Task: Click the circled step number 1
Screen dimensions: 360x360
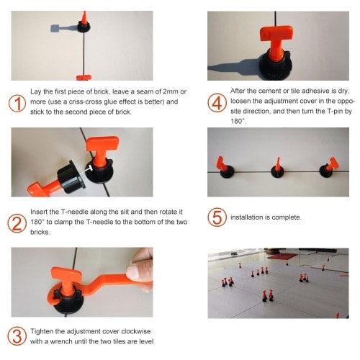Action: (17, 103)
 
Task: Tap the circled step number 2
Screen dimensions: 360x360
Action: (17, 224)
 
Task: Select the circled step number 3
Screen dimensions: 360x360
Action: (17, 336)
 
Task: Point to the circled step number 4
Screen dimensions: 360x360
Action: (217, 103)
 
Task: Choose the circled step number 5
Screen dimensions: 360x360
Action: (217, 217)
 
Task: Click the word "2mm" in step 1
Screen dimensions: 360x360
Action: (171, 91)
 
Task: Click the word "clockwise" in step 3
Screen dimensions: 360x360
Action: (136, 331)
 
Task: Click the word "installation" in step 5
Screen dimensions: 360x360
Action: (247, 217)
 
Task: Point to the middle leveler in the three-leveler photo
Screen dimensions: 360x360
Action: (278, 168)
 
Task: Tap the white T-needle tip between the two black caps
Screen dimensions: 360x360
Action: (89, 168)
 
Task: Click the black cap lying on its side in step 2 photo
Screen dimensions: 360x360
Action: (71, 177)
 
